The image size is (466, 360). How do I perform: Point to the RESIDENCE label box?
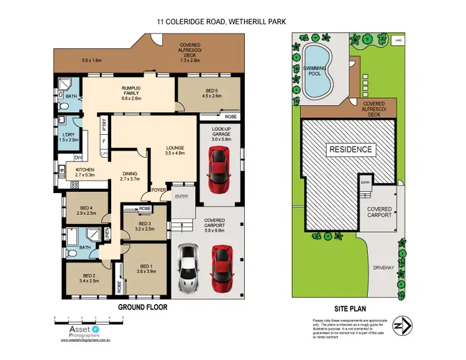click(350, 150)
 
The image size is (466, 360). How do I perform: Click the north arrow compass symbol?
click(406, 326)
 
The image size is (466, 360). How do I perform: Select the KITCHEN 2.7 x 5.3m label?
click(85, 172)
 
